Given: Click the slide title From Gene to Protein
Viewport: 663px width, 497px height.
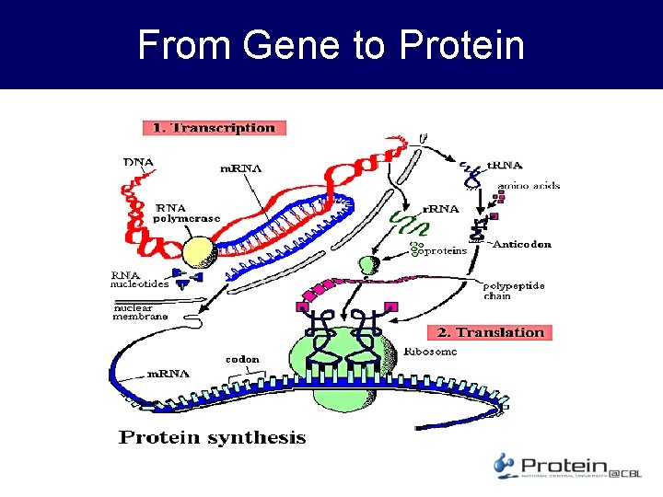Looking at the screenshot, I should click(x=331, y=44).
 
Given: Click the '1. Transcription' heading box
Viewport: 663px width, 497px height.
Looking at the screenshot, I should click(x=214, y=128).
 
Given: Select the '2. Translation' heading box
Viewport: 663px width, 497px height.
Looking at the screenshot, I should click(x=489, y=332).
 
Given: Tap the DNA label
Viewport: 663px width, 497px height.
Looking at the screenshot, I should click(x=138, y=162).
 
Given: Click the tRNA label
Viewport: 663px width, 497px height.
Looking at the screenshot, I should click(x=505, y=166).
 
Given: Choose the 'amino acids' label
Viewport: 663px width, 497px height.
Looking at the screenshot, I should click(x=529, y=186).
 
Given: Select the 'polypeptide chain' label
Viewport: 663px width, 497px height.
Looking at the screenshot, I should click(x=514, y=291).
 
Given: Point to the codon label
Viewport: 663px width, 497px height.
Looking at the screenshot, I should click(x=242, y=359).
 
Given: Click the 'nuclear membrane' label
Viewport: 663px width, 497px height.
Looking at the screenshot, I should click(x=140, y=311).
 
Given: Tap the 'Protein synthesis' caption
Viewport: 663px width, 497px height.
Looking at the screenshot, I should click(x=212, y=437).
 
